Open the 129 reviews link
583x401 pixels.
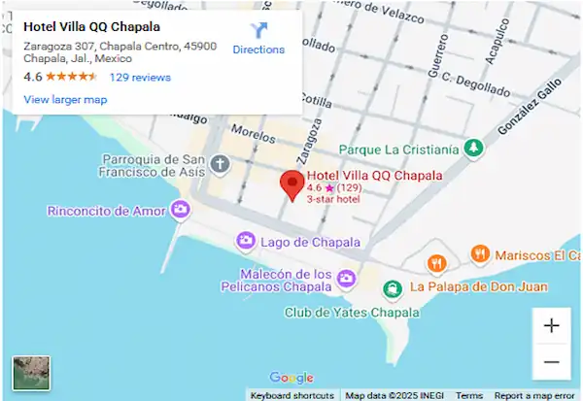140,78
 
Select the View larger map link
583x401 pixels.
65,99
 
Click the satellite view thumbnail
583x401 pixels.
31,374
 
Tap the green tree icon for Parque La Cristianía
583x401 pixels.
473,149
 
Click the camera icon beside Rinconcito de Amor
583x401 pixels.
180,210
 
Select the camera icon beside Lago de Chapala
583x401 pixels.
247,241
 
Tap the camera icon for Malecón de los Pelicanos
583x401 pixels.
347,280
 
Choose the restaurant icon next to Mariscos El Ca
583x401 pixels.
479,255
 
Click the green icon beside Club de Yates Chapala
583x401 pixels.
392,288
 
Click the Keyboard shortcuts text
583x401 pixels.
292,395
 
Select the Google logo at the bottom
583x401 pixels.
291,378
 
